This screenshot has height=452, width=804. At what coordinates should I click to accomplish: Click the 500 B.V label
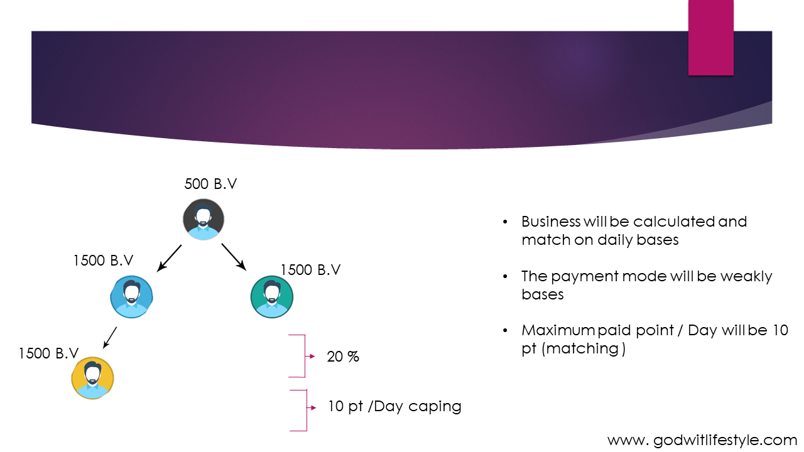coord(210,184)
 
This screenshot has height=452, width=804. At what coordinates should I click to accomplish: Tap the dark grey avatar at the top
coord(204,220)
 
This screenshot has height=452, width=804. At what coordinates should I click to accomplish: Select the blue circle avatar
coord(131,297)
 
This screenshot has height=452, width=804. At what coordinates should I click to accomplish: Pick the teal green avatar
coord(272,297)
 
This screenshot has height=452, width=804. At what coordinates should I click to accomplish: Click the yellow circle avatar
coord(92,378)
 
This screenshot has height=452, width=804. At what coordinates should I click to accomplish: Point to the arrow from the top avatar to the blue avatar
coord(169,258)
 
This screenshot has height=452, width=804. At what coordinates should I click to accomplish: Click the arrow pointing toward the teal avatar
coord(234,257)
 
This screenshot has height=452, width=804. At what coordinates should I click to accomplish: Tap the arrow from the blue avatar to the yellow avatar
coord(110,338)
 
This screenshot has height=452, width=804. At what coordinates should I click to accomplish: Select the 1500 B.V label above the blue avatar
coord(104,261)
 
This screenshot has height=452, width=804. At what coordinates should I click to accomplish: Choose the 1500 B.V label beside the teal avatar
coord(310,270)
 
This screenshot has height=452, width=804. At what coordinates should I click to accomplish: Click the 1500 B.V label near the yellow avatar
coord(48,353)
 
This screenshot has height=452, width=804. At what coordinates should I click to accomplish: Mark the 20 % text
coord(343,357)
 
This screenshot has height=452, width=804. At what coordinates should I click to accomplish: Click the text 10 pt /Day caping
coord(395,406)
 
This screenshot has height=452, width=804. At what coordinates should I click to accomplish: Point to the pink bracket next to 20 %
coord(302,356)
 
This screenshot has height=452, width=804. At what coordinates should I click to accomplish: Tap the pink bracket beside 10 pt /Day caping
coord(303,410)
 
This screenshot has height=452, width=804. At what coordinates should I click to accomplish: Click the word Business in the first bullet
coord(551,222)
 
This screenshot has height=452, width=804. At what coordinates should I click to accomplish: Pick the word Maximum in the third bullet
coord(558,330)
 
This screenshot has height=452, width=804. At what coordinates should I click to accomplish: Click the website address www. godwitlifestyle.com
coord(702,440)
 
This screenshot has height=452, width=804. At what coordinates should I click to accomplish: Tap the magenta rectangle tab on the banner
coord(711,38)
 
